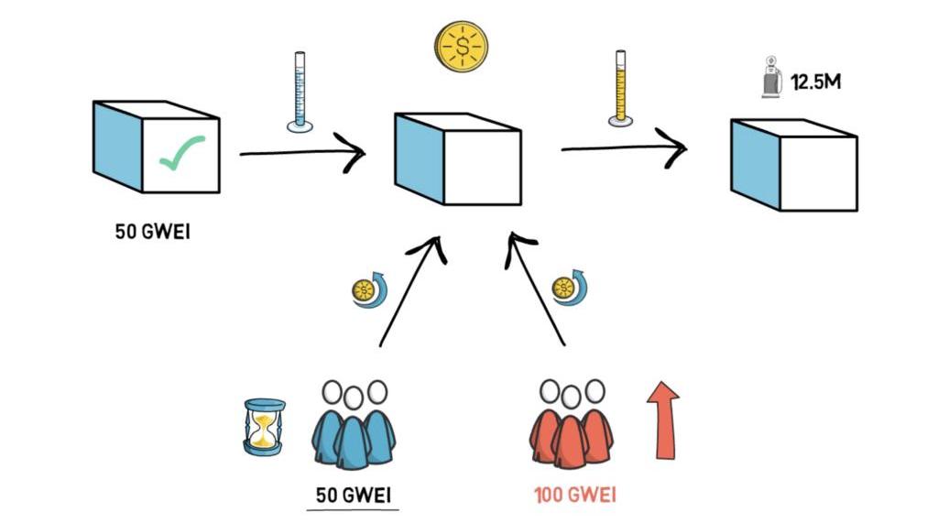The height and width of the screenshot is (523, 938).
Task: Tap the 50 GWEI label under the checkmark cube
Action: [x=153, y=230]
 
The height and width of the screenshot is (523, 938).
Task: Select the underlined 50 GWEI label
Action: [x=354, y=495]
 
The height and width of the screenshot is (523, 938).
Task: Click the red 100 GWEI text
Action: [x=575, y=496]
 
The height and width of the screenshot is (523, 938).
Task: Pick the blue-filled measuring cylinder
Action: [x=299, y=90]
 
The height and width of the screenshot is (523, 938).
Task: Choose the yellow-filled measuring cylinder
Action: [x=620, y=88]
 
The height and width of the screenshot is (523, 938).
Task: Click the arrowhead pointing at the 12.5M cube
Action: [x=676, y=147]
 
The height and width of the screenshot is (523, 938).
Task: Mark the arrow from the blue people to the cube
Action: [x=409, y=293]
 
